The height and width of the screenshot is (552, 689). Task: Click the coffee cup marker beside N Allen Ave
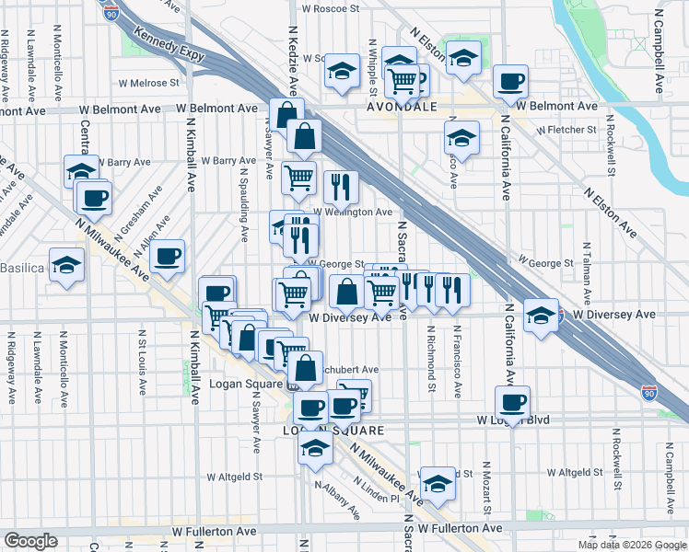coord(167,257)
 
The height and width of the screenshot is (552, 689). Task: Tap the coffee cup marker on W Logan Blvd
coord(512,401)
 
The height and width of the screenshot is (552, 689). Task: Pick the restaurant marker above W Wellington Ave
coord(342,187)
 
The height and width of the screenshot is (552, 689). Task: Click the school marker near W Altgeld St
coord(438,484)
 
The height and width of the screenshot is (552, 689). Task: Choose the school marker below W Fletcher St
coord(461,138)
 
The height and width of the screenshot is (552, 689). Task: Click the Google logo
coord(31,541)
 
